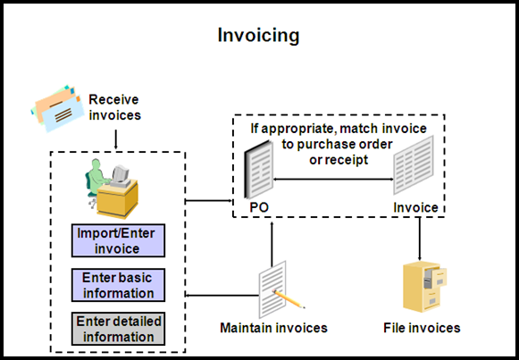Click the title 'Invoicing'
(259, 36)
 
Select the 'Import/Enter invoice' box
(118, 240)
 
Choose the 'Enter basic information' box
(118, 285)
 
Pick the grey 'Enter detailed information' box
(118, 329)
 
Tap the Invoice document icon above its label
(414, 166)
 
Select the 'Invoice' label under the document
(415, 208)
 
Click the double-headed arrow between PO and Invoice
(334, 179)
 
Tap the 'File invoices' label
(422, 328)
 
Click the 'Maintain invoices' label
(273, 328)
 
